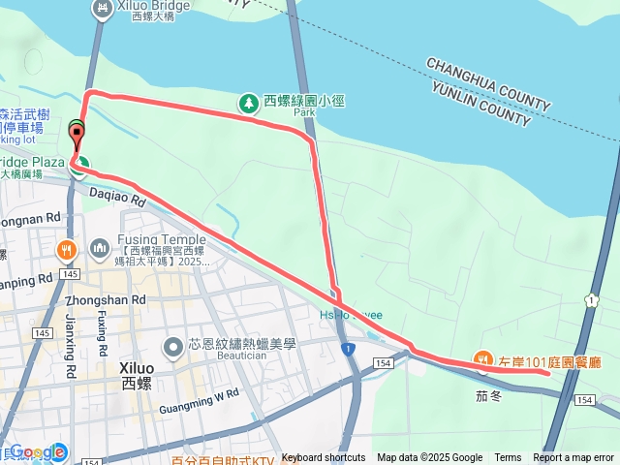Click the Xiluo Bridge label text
click(x=153, y=6)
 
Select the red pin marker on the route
click(x=77, y=138)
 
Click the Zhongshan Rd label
click(x=110, y=300)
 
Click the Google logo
click(x=39, y=451)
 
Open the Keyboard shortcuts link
click(x=324, y=458)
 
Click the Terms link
click(x=508, y=458)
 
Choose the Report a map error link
click(x=574, y=458)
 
